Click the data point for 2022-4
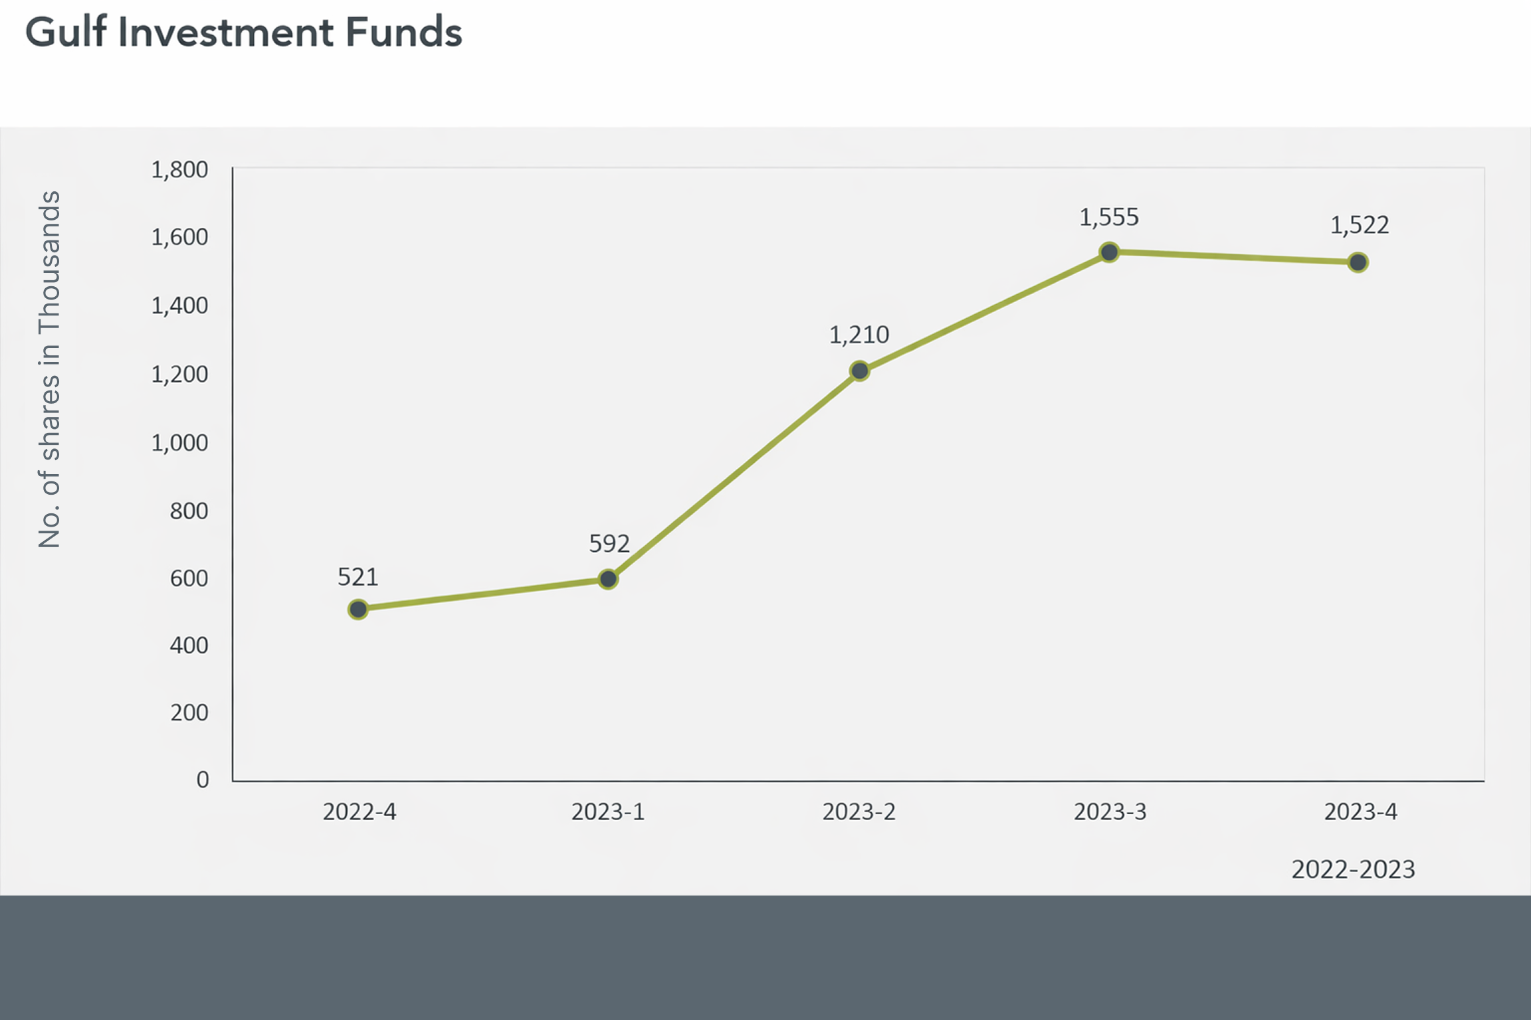pyautogui.click(x=358, y=609)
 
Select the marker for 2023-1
pyautogui.click(x=608, y=579)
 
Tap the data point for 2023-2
pyautogui.click(x=859, y=371)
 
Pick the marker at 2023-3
pyautogui.click(x=1109, y=252)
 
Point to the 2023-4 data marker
pyautogui.click(x=1358, y=262)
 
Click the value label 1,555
pyautogui.click(x=1108, y=217)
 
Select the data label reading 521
pyautogui.click(x=357, y=577)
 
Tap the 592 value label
pyautogui.click(x=609, y=544)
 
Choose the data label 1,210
pyautogui.click(x=859, y=335)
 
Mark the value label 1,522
pyautogui.click(x=1359, y=225)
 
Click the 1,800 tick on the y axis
pyautogui.click(x=179, y=170)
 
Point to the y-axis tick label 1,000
pyautogui.click(x=179, y=443)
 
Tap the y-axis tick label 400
pyautogui.click(x=189, y=645)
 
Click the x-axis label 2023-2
pyautogui.click(x=859, y=811)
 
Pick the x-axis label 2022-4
pyautogui.click(x=359, y=811)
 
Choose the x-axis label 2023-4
pyautogui.click(x=1360, y=811)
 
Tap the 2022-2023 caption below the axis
pyautogui.click(x=1353, y=869)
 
